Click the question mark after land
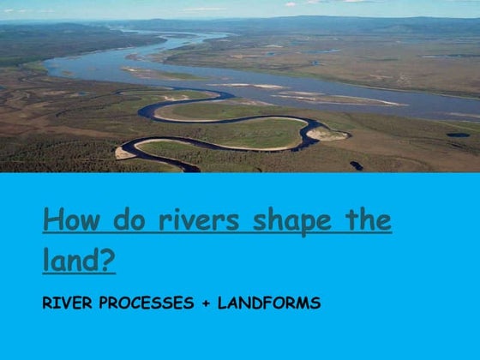click(106, 260)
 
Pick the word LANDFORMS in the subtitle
click(269, 303)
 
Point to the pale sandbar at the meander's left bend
click(125, 152)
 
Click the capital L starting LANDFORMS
click(222, 303)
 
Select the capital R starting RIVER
click(46, 303)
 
